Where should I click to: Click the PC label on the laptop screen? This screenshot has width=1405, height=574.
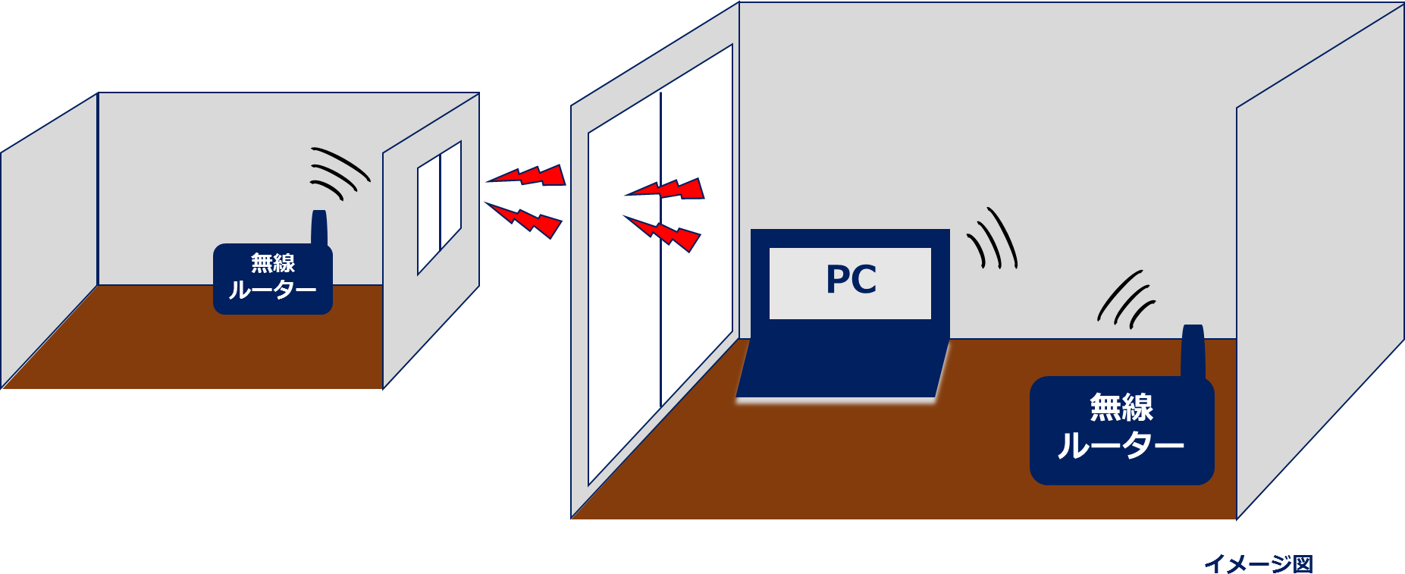pos(851,280)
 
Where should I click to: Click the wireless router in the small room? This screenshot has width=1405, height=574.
pos(272,279)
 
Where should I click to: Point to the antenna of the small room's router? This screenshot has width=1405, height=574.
pos(319,227)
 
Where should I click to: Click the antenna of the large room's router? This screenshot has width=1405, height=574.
pos(1193,350)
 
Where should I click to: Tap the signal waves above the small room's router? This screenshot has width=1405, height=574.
pos(337,173)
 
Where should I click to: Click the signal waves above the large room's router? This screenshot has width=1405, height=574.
pos(1126,299)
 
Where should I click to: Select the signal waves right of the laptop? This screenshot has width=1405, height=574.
pos(993,239)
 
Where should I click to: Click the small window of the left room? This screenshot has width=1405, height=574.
pos(439,206)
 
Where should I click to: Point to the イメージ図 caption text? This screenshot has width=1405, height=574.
pos(1258,563)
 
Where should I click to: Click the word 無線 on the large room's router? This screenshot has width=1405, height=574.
pos(1121,407)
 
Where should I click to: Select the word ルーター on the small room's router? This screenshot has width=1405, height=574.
pos(272,290)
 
